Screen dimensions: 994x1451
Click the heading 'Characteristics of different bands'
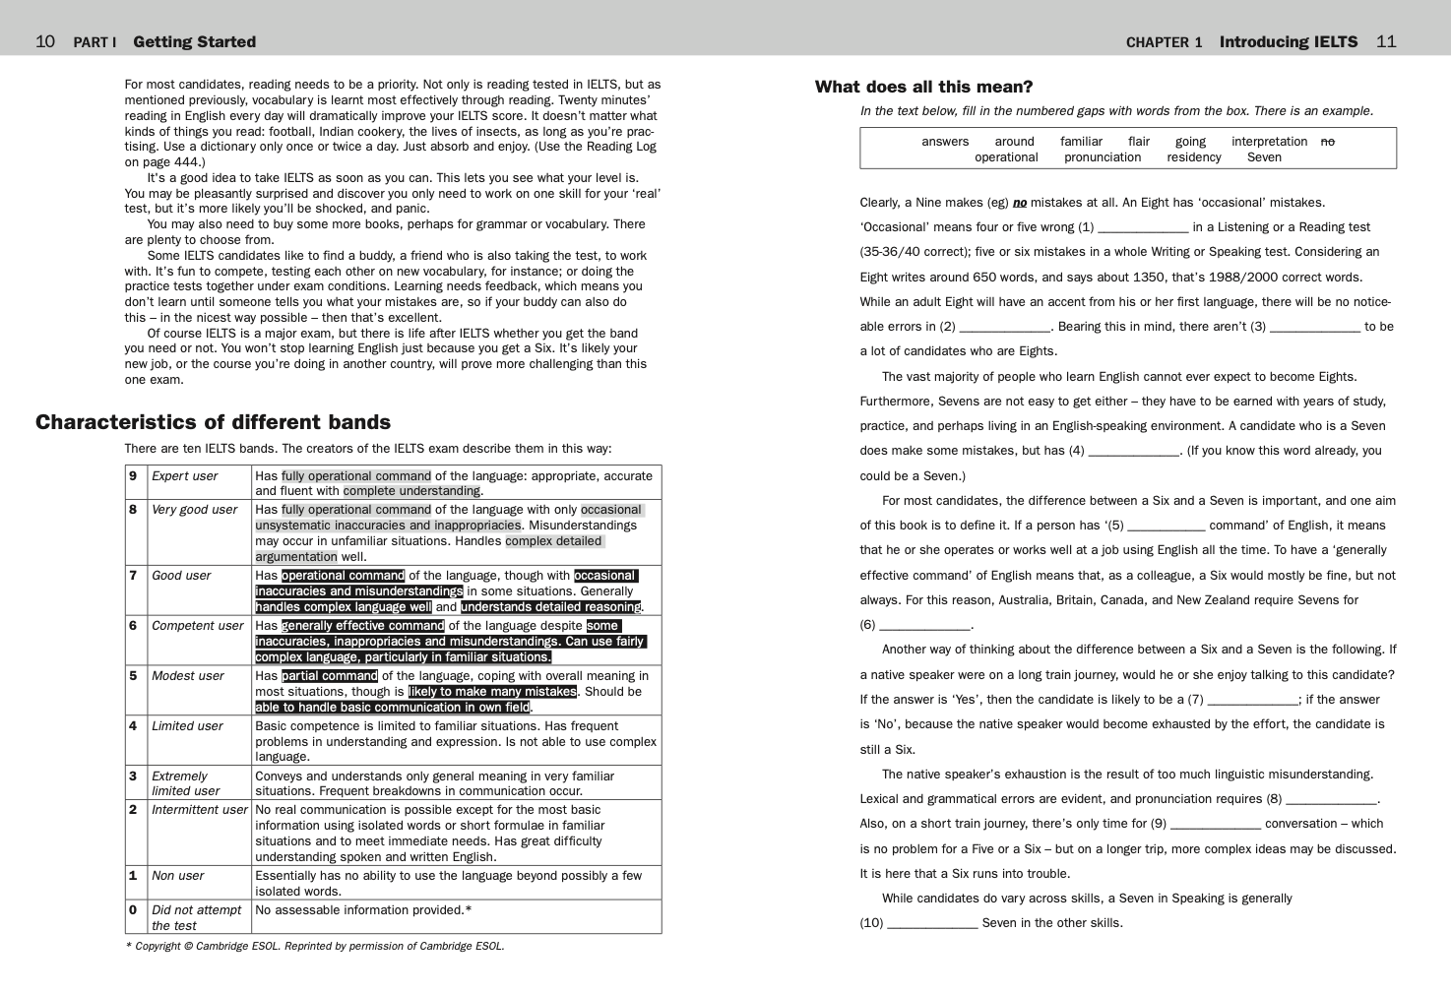point(213,422)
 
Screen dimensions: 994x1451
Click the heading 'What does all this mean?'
point(923,87)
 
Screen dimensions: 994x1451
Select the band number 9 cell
point(133,476)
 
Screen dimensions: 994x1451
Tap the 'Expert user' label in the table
point(184,476)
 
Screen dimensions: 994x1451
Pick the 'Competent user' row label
point(197,626)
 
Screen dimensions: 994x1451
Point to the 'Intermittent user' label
point(199,810)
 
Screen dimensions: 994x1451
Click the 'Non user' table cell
point(177,876)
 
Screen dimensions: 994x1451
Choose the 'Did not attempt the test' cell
point(196,917)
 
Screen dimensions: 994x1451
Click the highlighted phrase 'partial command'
point(330,676)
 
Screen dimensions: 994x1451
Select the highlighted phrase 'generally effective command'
point(362,626)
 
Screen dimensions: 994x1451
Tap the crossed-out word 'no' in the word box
point(1327,142)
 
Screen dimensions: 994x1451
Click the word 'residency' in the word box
point(1193,157)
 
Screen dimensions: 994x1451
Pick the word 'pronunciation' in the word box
point(1102,157)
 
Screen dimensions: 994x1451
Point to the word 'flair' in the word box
point(1138,142)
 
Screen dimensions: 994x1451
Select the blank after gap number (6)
point(924,626)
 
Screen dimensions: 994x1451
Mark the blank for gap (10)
point(932,924)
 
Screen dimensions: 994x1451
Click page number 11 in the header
point(1386,41)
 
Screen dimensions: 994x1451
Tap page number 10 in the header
point(45,41)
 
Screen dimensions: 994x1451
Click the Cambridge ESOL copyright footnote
point(315,947)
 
